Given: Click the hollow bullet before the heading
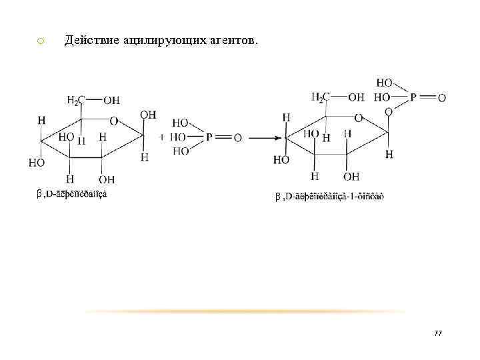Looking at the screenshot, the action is pyautogui.click(x=40, y=42).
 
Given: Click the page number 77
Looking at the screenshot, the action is pyautogui.click(x=437, y=333).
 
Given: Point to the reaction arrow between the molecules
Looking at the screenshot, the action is pyautogui.click(x=261, y=138).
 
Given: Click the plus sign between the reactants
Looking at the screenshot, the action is pyautogui.click(x=163, y=137).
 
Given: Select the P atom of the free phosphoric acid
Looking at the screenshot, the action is pyautogui.click(x=209, y=137).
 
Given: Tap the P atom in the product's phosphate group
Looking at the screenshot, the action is pyautogui.click(x=413, y=97).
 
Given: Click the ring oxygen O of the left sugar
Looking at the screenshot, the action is pyautogui.click(x=114, y=121).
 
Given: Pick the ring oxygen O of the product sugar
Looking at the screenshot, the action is pyautogui.click(x=358, y=118).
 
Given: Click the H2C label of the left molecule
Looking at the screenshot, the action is pyautogui.click(x=76, y=101).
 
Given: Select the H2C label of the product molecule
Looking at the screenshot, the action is pyautogui.click(x=320, y=97).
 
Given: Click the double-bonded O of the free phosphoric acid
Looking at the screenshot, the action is pyautogui.click(x=238, y=137).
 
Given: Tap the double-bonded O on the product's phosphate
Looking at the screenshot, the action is pyautogui.click(x=441, y=98).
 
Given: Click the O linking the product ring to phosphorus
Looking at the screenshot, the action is pyautogui.click(x=388, y=112).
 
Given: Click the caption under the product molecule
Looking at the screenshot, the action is pyautogui.click(x=329, y=196).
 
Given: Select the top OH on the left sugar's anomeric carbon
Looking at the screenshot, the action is pyautogui.click(x=148, y=115).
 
